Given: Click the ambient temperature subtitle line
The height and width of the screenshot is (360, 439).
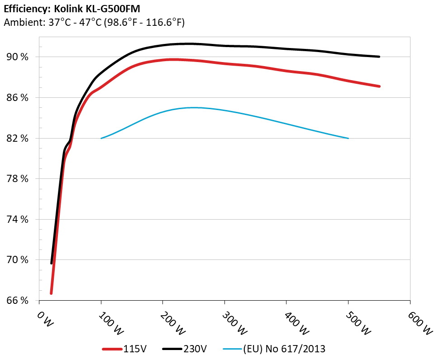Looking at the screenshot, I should [94, 22].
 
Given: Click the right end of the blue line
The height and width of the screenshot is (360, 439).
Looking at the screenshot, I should [348, 138].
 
